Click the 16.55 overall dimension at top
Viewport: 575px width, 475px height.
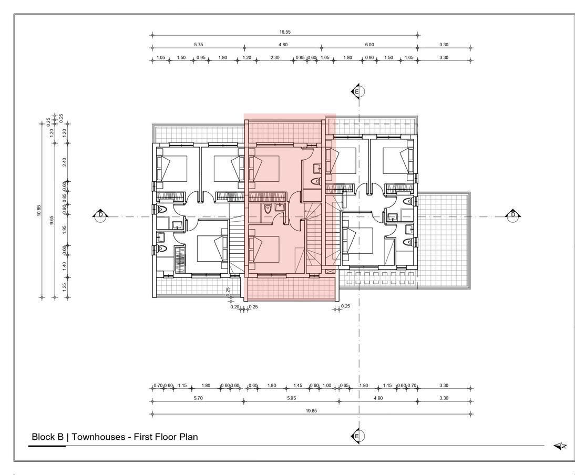point(284,32)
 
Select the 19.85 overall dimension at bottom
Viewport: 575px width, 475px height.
point(311,410)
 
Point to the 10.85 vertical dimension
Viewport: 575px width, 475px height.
point(39,210)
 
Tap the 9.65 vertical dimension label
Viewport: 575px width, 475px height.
point(52,220)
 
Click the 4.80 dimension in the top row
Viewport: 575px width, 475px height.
point(283,45)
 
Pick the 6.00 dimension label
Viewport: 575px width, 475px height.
point(369,45)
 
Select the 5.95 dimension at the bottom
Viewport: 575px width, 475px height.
point(291,398)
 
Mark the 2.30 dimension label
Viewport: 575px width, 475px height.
point(275,58)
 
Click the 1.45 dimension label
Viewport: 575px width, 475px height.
point(298,386)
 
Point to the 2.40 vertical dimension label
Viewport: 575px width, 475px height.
point(65,162)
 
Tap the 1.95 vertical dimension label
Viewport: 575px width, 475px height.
point(65,230)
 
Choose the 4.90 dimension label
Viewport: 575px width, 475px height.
point(378,398)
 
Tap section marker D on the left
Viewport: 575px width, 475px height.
point(100,215)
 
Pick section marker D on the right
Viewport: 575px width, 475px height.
point(513,215)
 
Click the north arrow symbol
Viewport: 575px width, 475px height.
point(560,446)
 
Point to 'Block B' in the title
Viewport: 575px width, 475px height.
point(48,437)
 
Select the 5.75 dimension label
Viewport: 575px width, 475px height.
point(198,45)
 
